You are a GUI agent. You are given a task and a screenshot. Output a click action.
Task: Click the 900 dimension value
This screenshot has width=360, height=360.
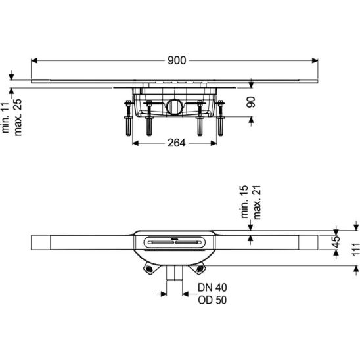[177, 60]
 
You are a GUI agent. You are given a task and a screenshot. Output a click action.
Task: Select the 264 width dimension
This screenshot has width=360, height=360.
[176, 143]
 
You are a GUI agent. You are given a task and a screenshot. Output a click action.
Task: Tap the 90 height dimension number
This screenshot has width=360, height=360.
[250, 102]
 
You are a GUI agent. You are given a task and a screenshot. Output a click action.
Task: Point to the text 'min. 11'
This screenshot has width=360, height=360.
[5, 118]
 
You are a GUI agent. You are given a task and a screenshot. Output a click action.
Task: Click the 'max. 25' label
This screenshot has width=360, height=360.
[18, 117]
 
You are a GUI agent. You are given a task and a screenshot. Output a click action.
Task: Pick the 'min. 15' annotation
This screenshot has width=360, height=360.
[244, 202]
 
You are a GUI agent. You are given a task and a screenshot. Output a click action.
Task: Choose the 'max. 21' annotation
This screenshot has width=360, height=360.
[256, 202]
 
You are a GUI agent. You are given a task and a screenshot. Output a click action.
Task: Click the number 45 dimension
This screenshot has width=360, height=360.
[336, 242]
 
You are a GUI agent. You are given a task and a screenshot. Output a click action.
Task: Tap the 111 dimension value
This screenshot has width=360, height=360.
[355, 248]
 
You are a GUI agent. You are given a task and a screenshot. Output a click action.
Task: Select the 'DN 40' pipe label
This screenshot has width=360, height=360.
[212, 287]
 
